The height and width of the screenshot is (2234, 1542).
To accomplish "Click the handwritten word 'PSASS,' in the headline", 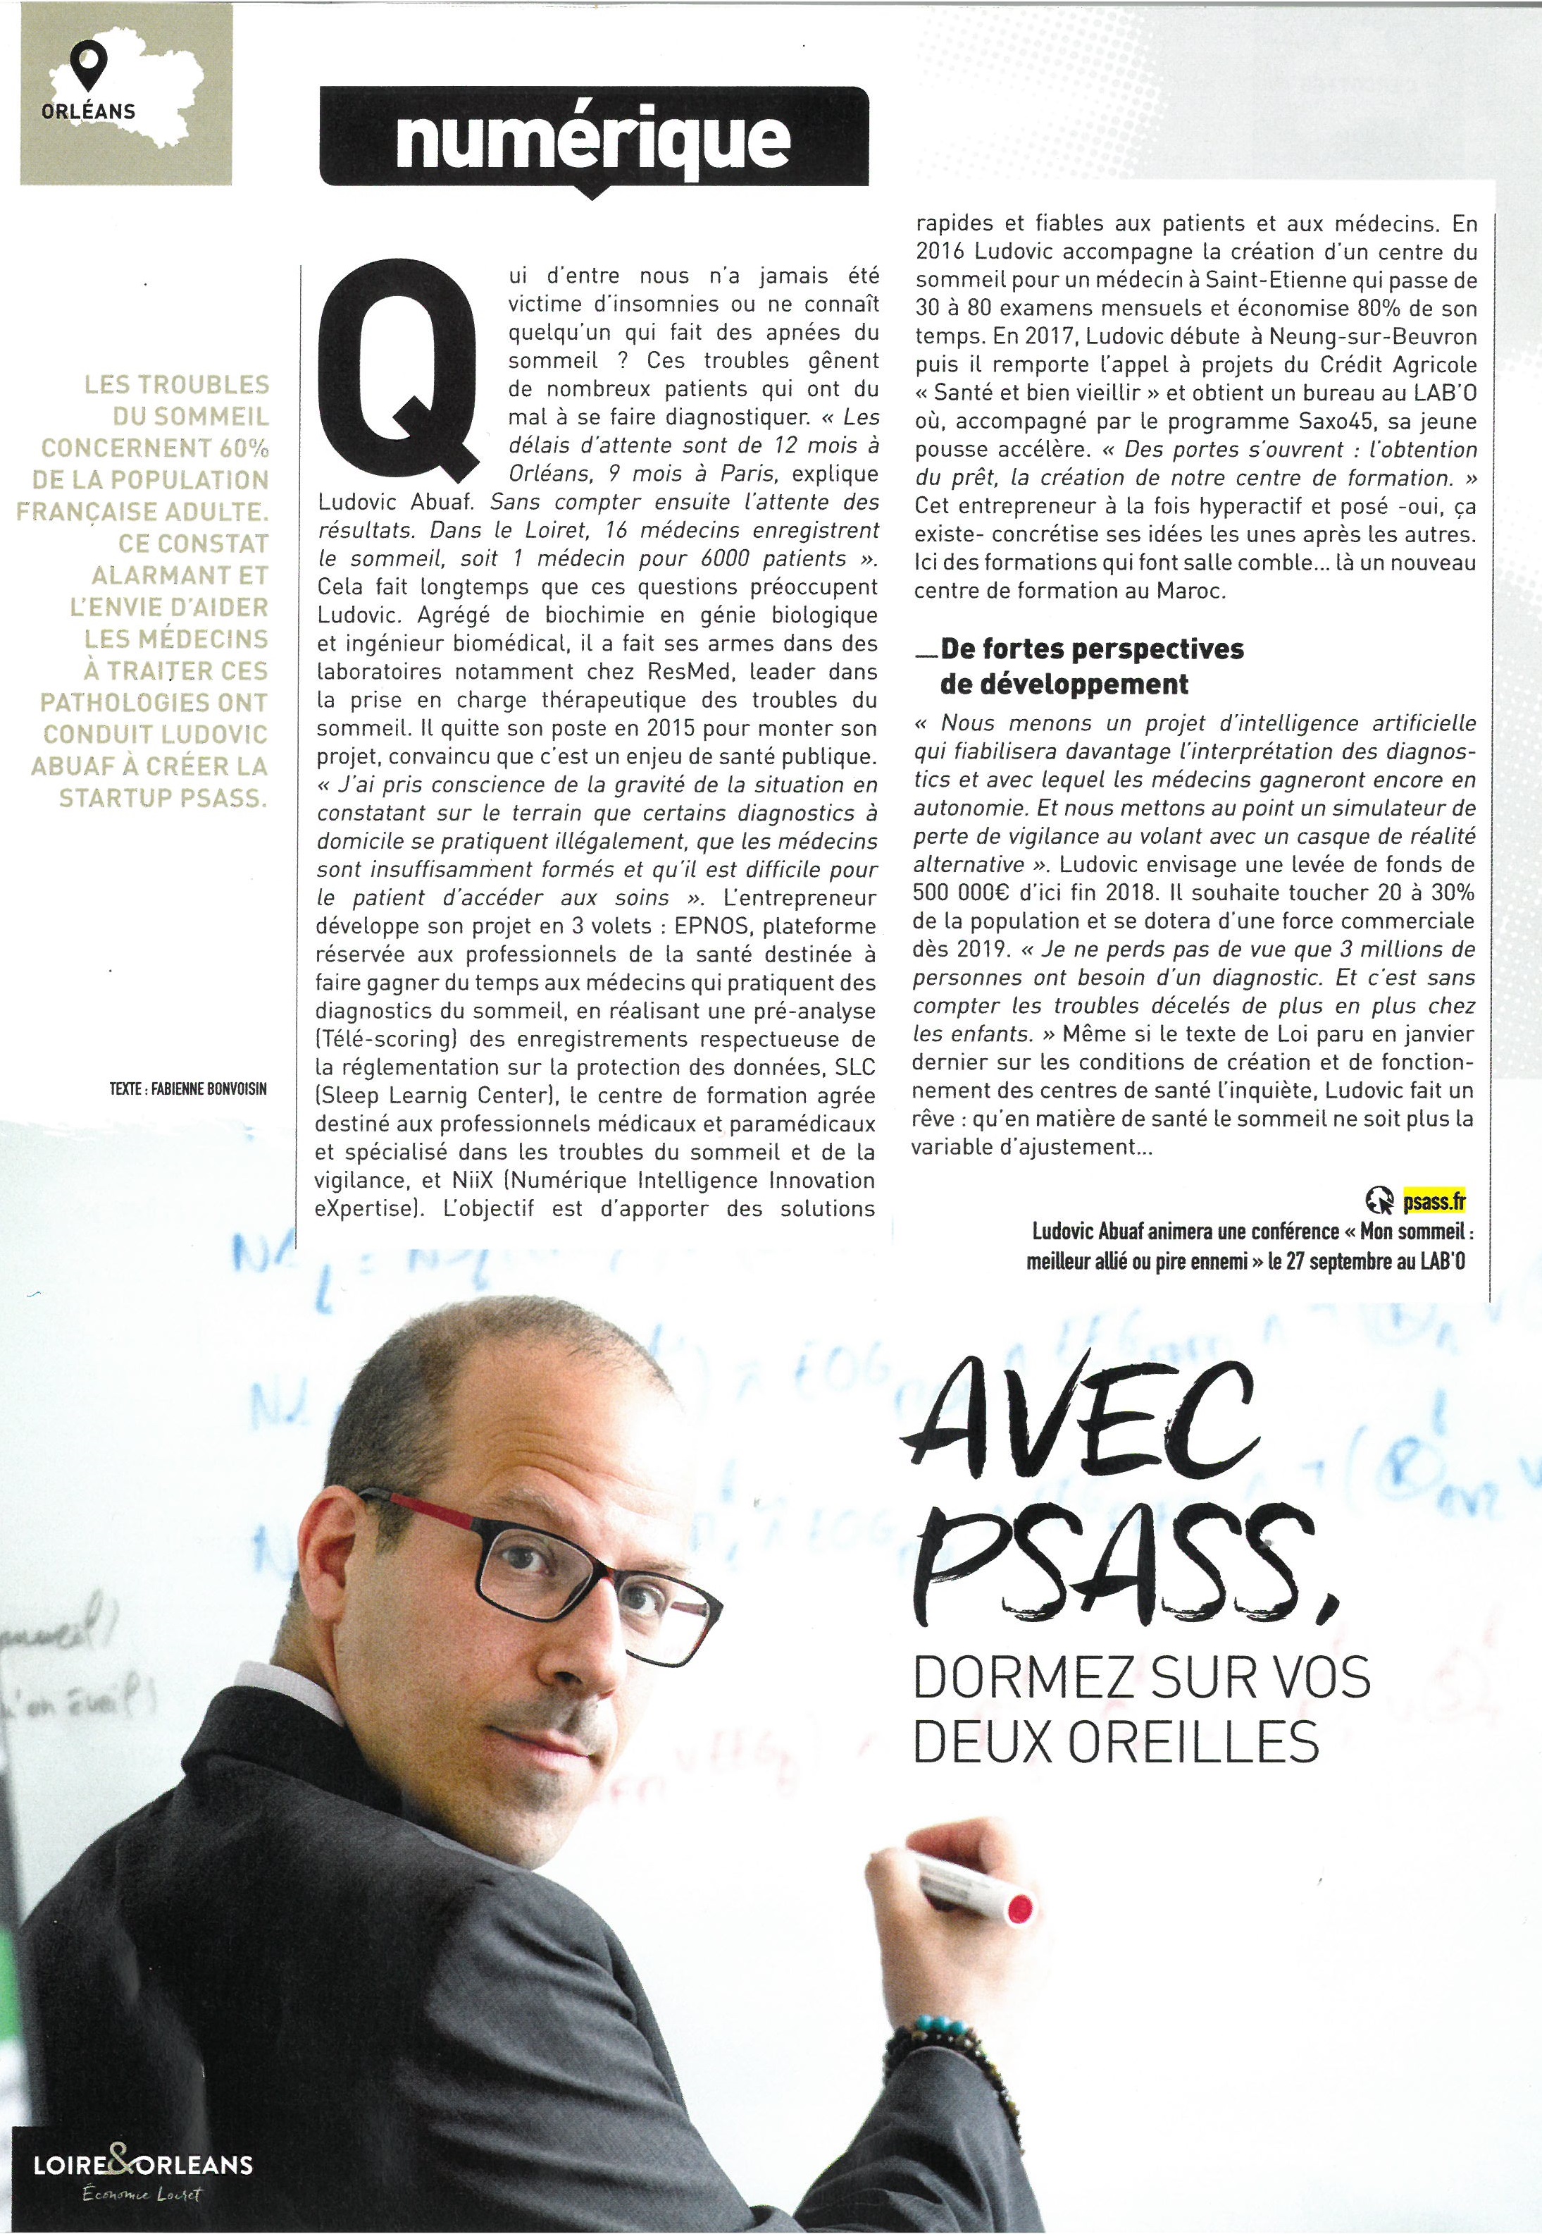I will [1121, 1557].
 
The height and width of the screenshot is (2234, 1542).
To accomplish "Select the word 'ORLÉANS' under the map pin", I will [89, 111].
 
